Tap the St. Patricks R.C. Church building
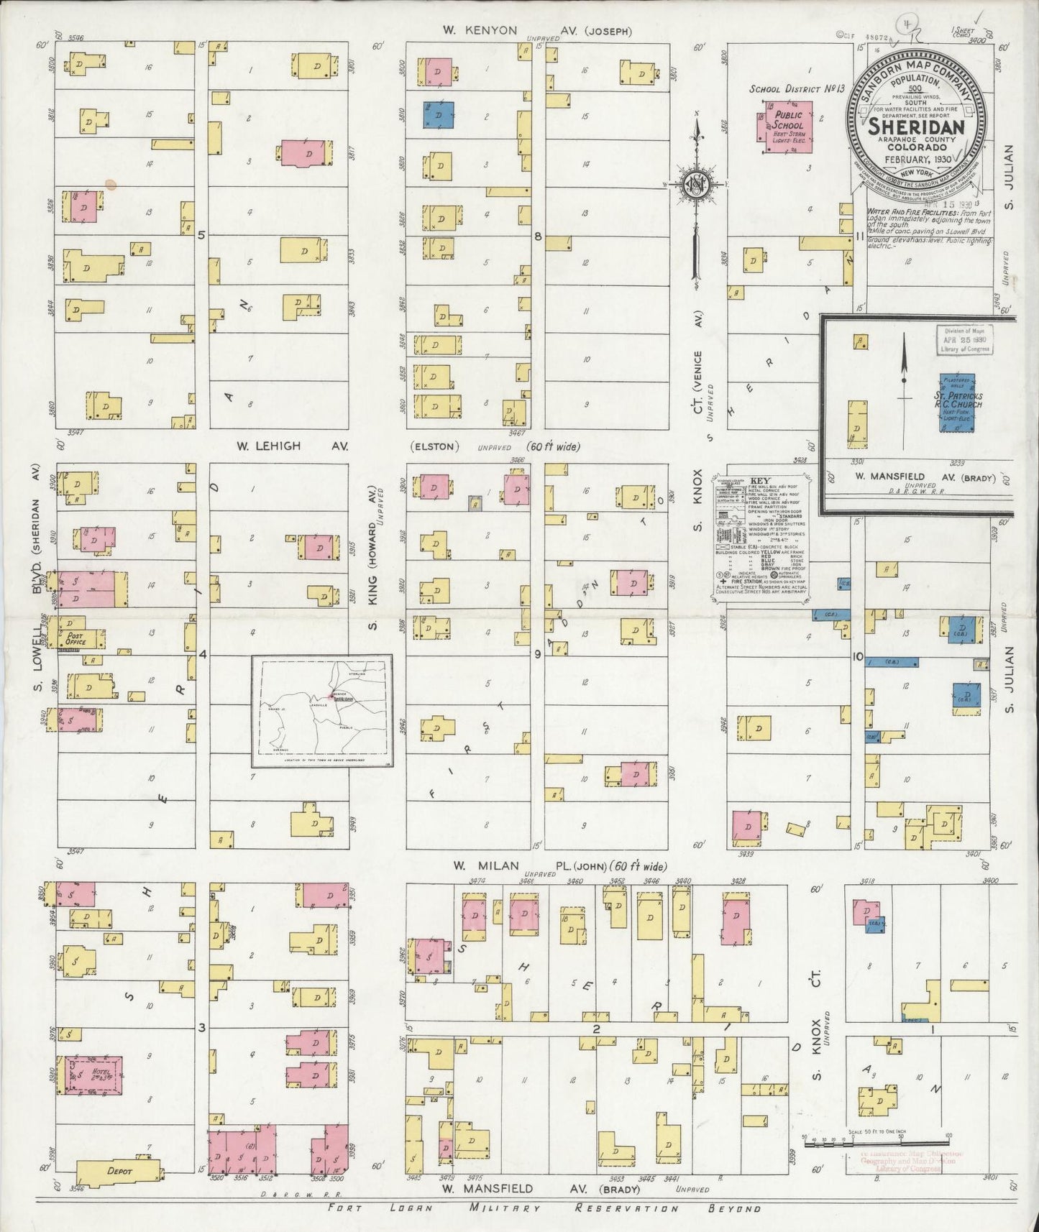(x=958, y=402)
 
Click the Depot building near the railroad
(x=119, y=1169)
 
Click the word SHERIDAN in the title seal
(x=911, y=127)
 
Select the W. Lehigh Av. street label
(x=292, y=446)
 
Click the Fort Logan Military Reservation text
(x=544, y=1208)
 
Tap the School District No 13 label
(x=795, y=88)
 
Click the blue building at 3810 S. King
(x=439, y=114)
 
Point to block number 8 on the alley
(x=537, y=235)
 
